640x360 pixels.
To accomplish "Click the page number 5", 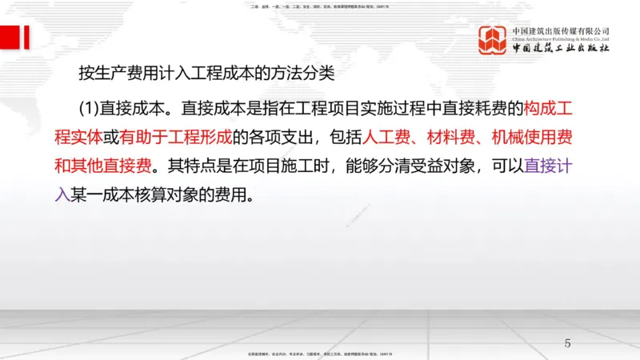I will coord(567,343).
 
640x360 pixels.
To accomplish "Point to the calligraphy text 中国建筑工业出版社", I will coord(561,49).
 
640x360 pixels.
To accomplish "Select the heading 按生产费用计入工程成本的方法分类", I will coord(205,77).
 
